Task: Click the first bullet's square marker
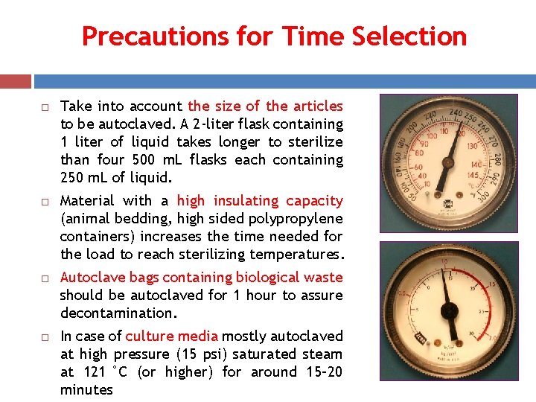tap(45, 107)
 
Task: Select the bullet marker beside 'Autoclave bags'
tap(45, 278)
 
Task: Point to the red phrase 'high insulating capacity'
tap(260, 201)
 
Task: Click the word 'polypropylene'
tap(296, 219)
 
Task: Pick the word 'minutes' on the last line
tap(86, 390)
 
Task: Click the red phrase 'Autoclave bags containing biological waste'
tap(201, 278)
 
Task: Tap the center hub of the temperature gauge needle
tap(447, 161)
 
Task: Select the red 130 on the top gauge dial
tap(473, 147)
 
